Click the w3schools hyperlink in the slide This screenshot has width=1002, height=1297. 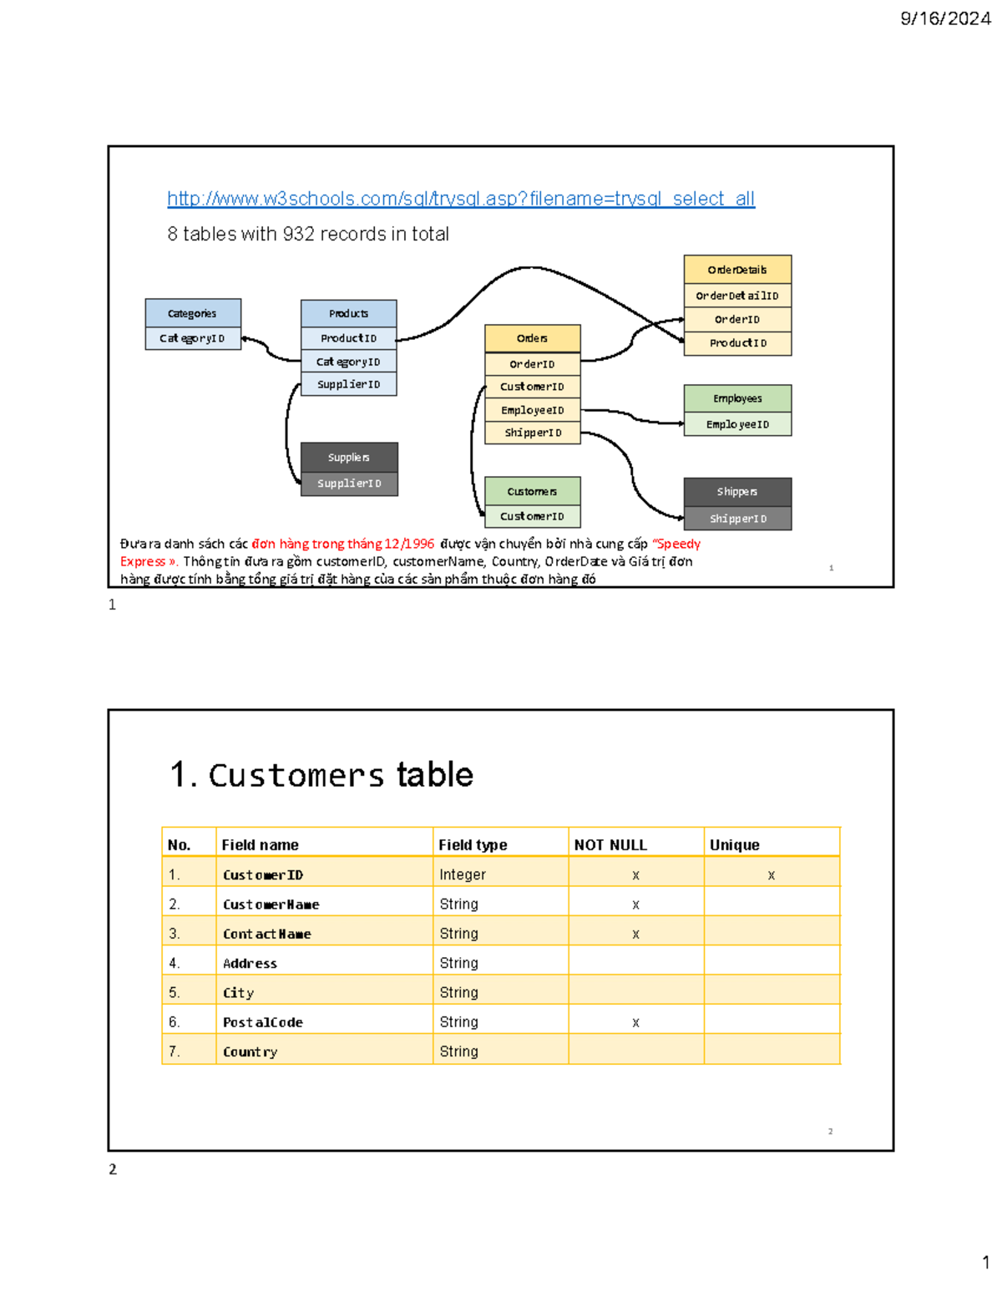click(460, 199)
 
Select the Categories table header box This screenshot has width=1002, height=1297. click(193, 313)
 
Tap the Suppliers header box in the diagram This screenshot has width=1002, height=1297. click(349, 457)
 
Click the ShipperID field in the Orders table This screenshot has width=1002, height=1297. click(533, 433)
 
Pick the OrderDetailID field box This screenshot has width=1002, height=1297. click(737, 296)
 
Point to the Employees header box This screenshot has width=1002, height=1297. click(737, 398)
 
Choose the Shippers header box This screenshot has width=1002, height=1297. click(737, 491)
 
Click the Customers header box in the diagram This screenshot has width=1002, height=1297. click(532, 491)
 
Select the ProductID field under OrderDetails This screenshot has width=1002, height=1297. click(737, 343)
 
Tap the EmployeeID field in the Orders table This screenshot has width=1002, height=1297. click(533, 410)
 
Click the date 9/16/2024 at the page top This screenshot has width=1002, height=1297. click(945, 18)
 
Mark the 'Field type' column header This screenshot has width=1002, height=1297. click(473, 845)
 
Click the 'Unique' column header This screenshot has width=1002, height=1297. click(735, 845)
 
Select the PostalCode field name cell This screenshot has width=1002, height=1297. click(263, 1022)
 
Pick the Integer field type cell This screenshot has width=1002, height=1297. click(463, 874)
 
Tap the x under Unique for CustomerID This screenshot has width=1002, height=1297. click(772, 875)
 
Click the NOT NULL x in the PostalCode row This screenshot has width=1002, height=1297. click(636, 1022)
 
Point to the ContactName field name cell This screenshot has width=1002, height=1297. click(267, 934)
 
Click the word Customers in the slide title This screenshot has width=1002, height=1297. click(296, 776)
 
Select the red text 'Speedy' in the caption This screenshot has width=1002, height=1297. click(678, 544)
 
